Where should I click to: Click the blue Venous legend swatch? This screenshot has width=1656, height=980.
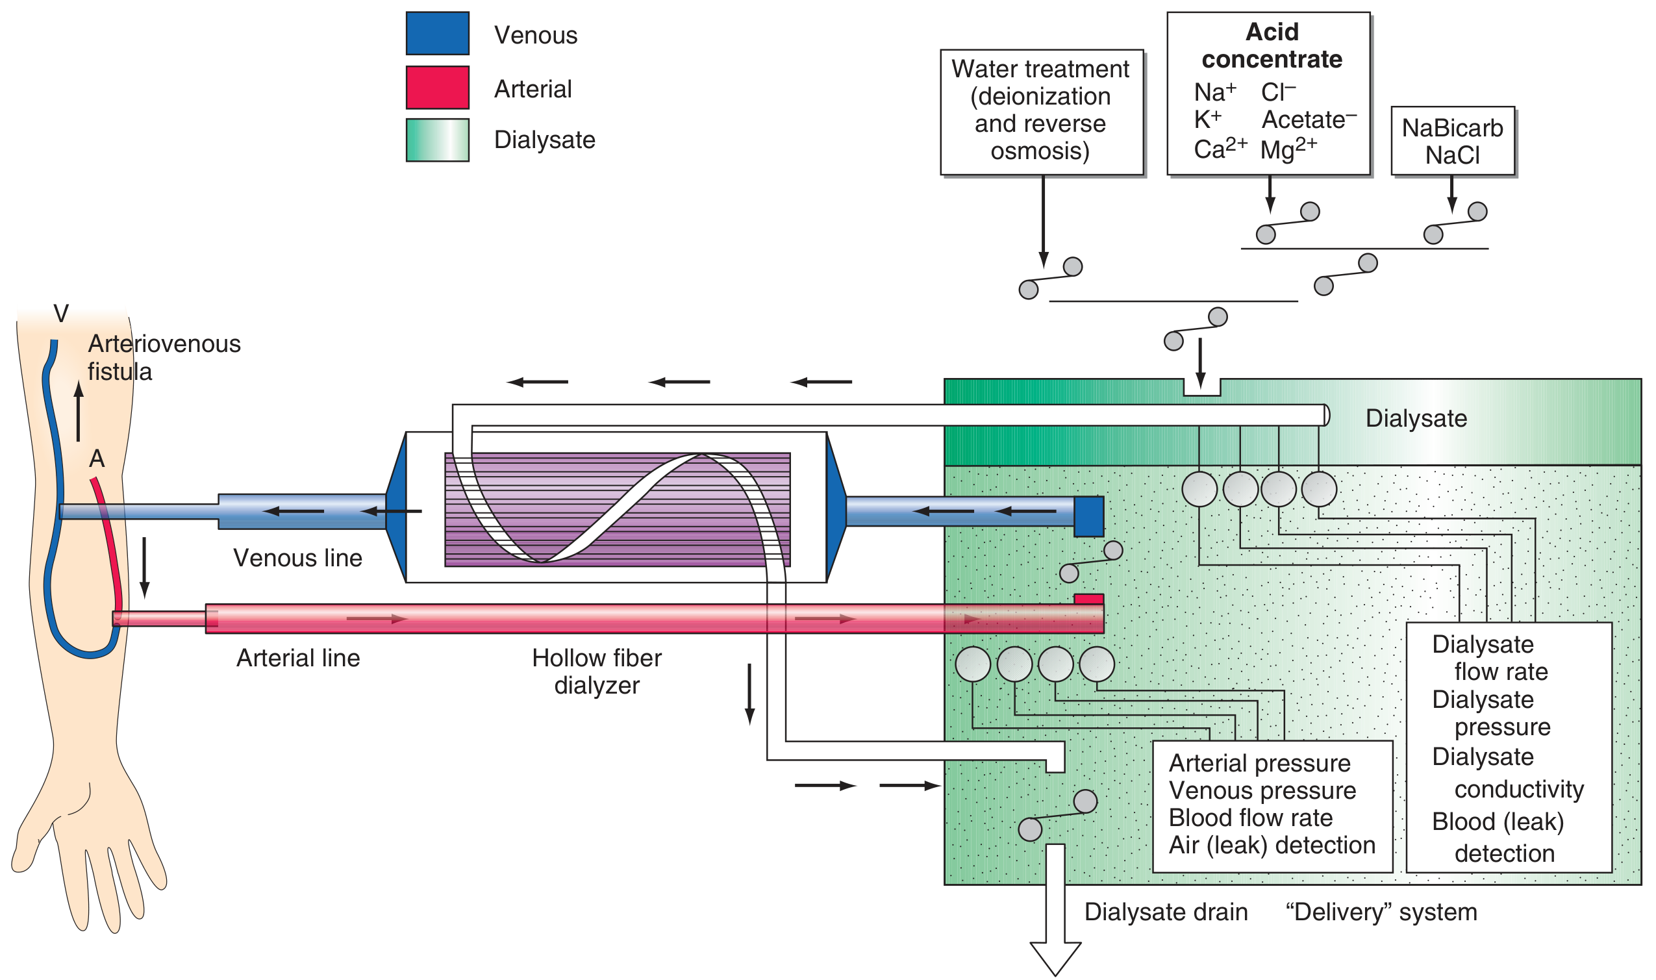click(437, 33)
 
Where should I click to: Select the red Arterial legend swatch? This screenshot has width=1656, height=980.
click(437, 87)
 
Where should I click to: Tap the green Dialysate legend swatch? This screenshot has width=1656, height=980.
click(437, 140)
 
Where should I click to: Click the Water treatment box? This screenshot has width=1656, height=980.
click(1041, 111)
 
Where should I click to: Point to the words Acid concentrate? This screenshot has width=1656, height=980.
click(1271, 45)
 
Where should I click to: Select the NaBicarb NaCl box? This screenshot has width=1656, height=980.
click(1452, 142)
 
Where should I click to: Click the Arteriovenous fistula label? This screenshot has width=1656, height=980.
click(164, 357)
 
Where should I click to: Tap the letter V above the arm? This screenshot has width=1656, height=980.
click(61, 314)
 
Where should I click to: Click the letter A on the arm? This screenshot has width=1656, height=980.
click(97, 459)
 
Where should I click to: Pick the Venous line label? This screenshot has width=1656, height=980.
click(298, 559)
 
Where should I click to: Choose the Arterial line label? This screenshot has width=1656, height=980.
click(299, 659)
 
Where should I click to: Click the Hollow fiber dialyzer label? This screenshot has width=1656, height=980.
click(596, 672)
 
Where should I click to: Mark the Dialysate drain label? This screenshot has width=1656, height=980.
click(1166, 912)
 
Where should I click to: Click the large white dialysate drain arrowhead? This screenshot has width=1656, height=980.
click(1055, 957)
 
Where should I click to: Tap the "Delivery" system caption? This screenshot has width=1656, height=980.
click(1381, 912)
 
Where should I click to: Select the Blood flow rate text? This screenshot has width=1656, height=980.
click(1251, 818)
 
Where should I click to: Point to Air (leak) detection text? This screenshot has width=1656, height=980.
click(1272, 846)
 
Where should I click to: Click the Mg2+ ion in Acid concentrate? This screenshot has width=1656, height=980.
click(1288, 149)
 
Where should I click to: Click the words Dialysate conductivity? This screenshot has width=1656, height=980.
click(1507, 773)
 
